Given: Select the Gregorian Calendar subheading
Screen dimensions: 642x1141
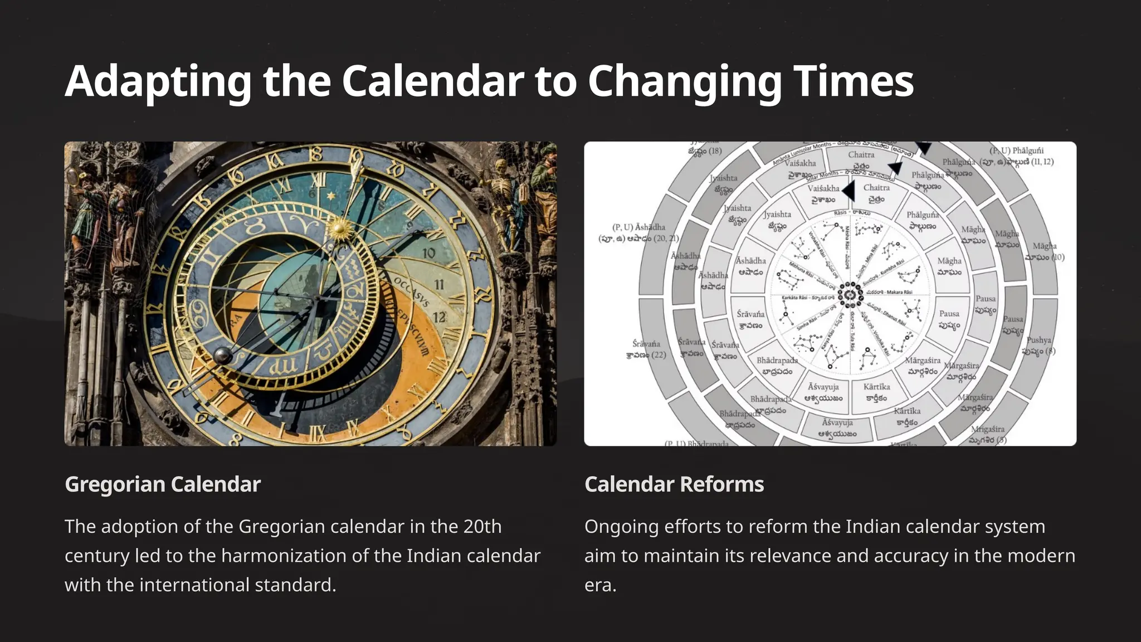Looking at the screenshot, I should click(x=163, y=484).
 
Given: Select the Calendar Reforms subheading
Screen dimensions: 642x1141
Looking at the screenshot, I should click(x=674, y=484).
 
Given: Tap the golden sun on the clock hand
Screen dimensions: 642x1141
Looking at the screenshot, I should click(x=338, y=228).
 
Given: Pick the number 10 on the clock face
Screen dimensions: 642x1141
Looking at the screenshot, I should click(x=428, y=254).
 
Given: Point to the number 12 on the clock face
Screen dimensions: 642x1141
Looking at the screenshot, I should click(x=440, y=317).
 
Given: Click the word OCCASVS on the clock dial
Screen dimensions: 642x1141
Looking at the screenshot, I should click(x=412, y=291).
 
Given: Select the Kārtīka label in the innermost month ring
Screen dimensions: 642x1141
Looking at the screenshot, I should click(x=876, y=392).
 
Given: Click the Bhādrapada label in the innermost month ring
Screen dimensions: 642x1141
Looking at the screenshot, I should click(x=777, y=366).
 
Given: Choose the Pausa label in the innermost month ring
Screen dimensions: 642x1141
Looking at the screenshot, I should click(x=949, y=319).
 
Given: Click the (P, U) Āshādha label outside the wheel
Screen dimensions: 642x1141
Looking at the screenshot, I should click(x=638, y=232).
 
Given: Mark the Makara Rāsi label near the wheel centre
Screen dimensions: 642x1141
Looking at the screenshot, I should click(x=899, y=292).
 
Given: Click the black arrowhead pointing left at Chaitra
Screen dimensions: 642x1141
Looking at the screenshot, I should click(x=849, y=191).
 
